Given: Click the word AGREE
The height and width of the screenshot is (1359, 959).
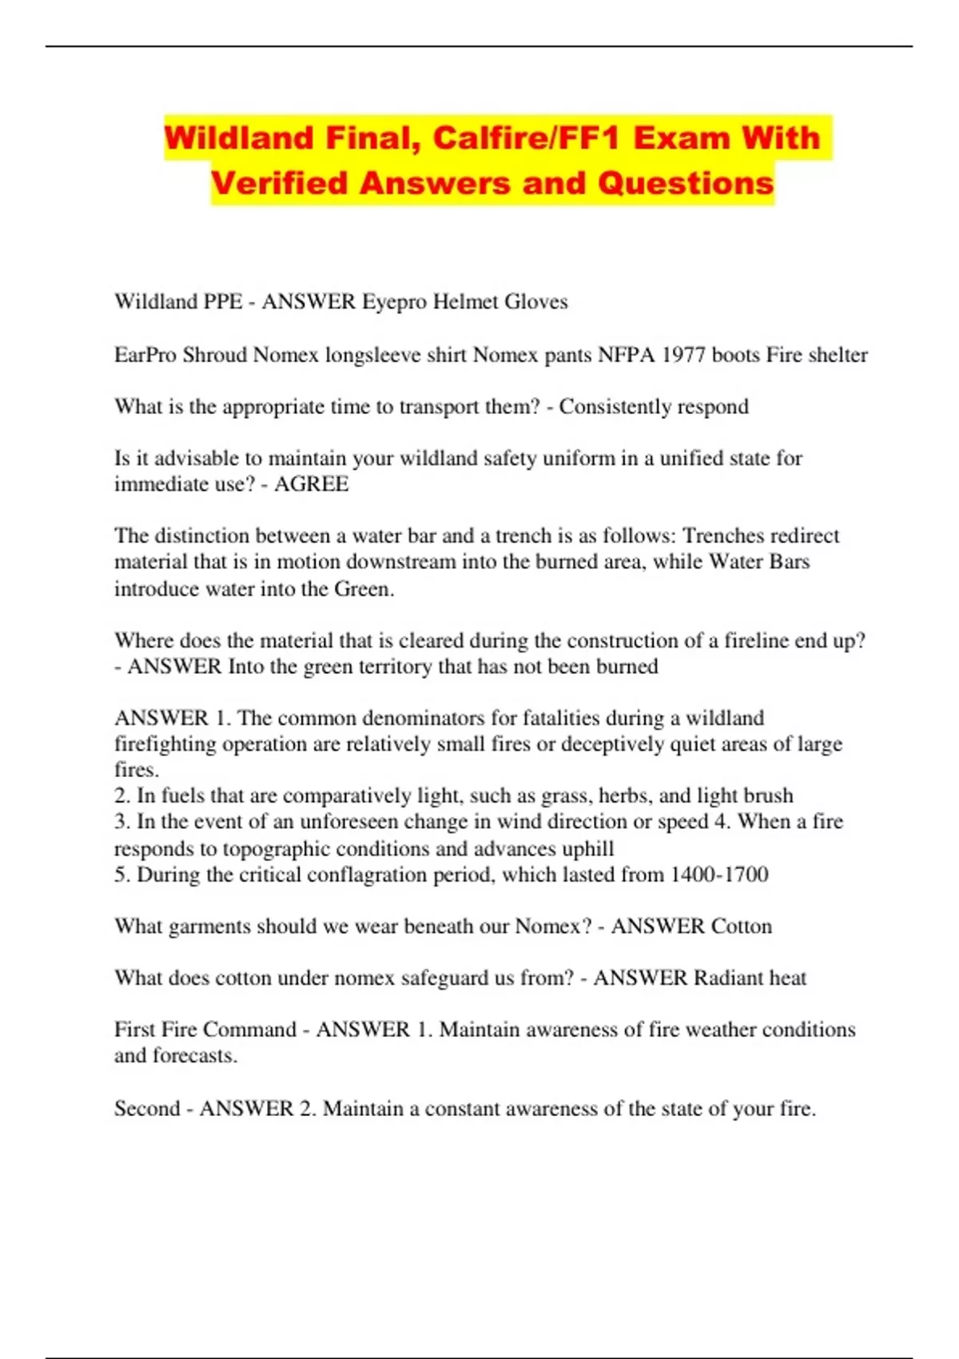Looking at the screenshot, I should [311, 484].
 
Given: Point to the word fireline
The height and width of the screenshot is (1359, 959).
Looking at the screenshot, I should [758, 640].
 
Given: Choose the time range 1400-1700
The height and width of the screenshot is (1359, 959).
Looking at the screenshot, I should [719, 874].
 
